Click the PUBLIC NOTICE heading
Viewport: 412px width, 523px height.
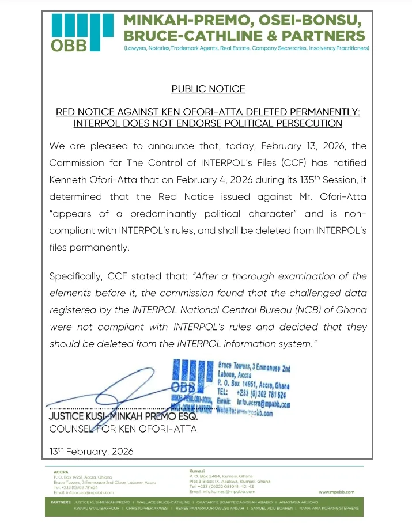[x=208, y=89]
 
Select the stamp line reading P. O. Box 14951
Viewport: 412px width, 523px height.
[x=254, y=382]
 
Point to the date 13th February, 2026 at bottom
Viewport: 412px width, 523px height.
[x=92, y=451]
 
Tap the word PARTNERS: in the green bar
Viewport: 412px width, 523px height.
[x=61, y=502]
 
